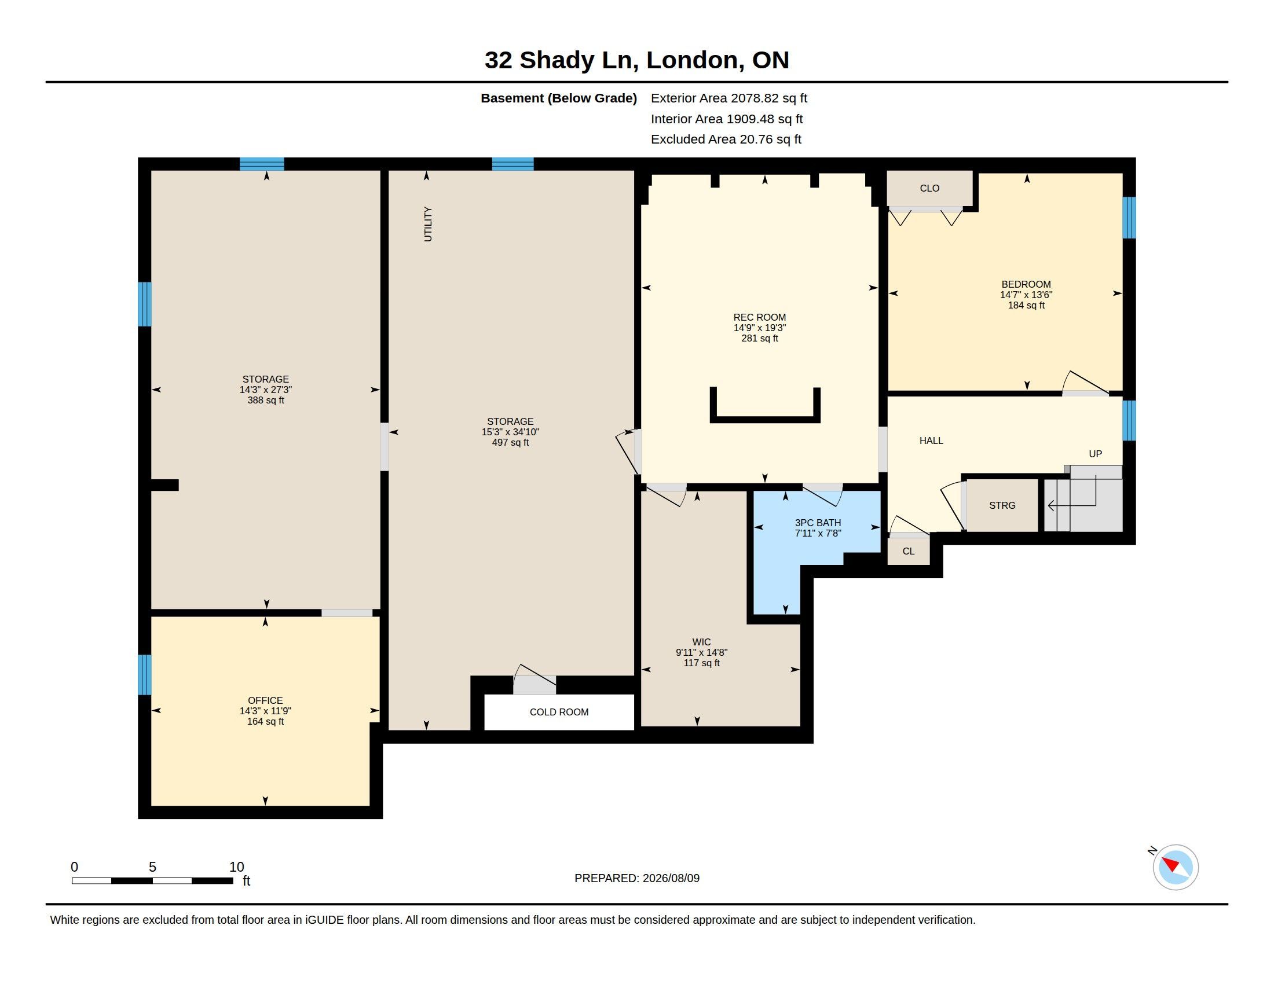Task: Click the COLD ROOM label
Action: (x=559, y=712)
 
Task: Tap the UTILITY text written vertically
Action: (x=427, y=224)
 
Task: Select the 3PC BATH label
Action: (x=818, y=523)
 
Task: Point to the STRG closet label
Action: (x=1002, y=505)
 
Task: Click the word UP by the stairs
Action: (x=1096, y=454)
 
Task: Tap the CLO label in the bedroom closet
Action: (x=929, y=188)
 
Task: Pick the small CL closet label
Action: (x=908, y=551)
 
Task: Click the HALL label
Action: (x=931, y=440)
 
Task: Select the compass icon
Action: (x=1175, y=867)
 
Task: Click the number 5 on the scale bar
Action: (x=152, y=867)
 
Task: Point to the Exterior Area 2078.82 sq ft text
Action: (x=728, y=98)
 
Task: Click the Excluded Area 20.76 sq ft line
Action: (x=726, y=139)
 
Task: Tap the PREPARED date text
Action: (x=637, y=878)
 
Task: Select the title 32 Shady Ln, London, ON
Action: (x=637, y=60)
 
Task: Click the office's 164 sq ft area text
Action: (x=265, y=722)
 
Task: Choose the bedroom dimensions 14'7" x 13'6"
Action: (x=1026, y=295)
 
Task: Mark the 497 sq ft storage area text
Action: (x=510, y=442)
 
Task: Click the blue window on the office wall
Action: (x=145, y=674)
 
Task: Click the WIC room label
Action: (x=702, y=642)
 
